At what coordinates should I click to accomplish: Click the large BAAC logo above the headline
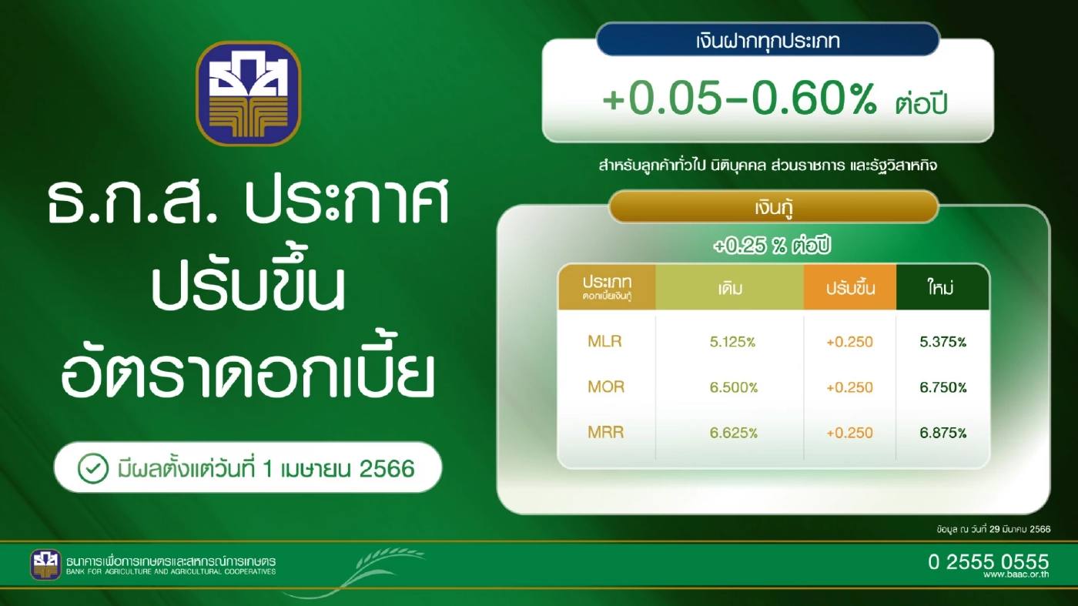point(248,93)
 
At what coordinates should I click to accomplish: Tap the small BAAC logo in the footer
point(45,564)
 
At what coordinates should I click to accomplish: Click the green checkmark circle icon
point(92,467)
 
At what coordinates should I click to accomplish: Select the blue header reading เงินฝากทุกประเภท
point(767,39)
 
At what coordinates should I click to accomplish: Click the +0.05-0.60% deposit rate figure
point(739,101)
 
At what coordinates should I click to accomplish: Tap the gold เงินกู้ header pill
point(773,207)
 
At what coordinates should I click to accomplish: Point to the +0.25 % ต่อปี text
point(772,247)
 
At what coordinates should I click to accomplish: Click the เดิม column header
point(729,288)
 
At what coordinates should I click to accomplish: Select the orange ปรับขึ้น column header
point(850,289)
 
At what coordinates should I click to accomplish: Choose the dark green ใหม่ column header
point(942,288)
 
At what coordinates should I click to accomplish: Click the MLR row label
point(604,341)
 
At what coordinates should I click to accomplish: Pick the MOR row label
point(605,387)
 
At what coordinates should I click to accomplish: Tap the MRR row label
point(605,433)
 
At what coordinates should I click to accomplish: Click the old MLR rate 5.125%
point(732,342)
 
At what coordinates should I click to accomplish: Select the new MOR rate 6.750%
point(942,387)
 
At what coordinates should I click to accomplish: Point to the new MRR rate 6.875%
point(942,433)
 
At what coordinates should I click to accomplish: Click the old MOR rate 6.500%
point(732,387)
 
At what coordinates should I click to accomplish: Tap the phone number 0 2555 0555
point(988,561)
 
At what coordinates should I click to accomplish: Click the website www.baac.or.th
point(1016,575)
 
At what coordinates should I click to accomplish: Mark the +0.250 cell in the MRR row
point(849,433)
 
